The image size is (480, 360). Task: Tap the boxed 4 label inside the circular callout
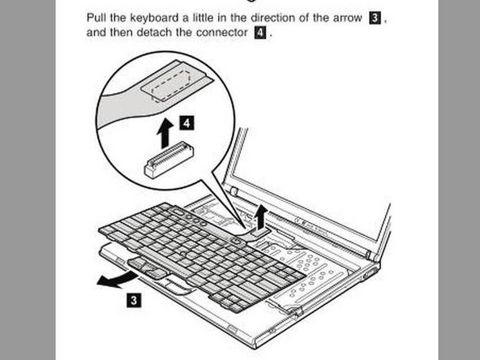(x=187, y=123)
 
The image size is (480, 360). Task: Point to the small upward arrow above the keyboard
(x=259, y=216)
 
